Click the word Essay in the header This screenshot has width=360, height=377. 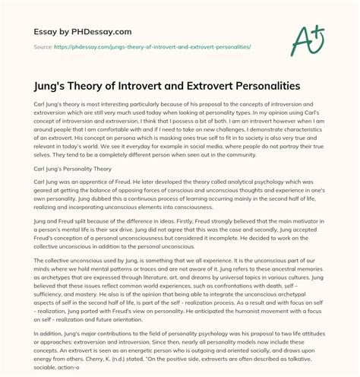[x=37, y=32]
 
